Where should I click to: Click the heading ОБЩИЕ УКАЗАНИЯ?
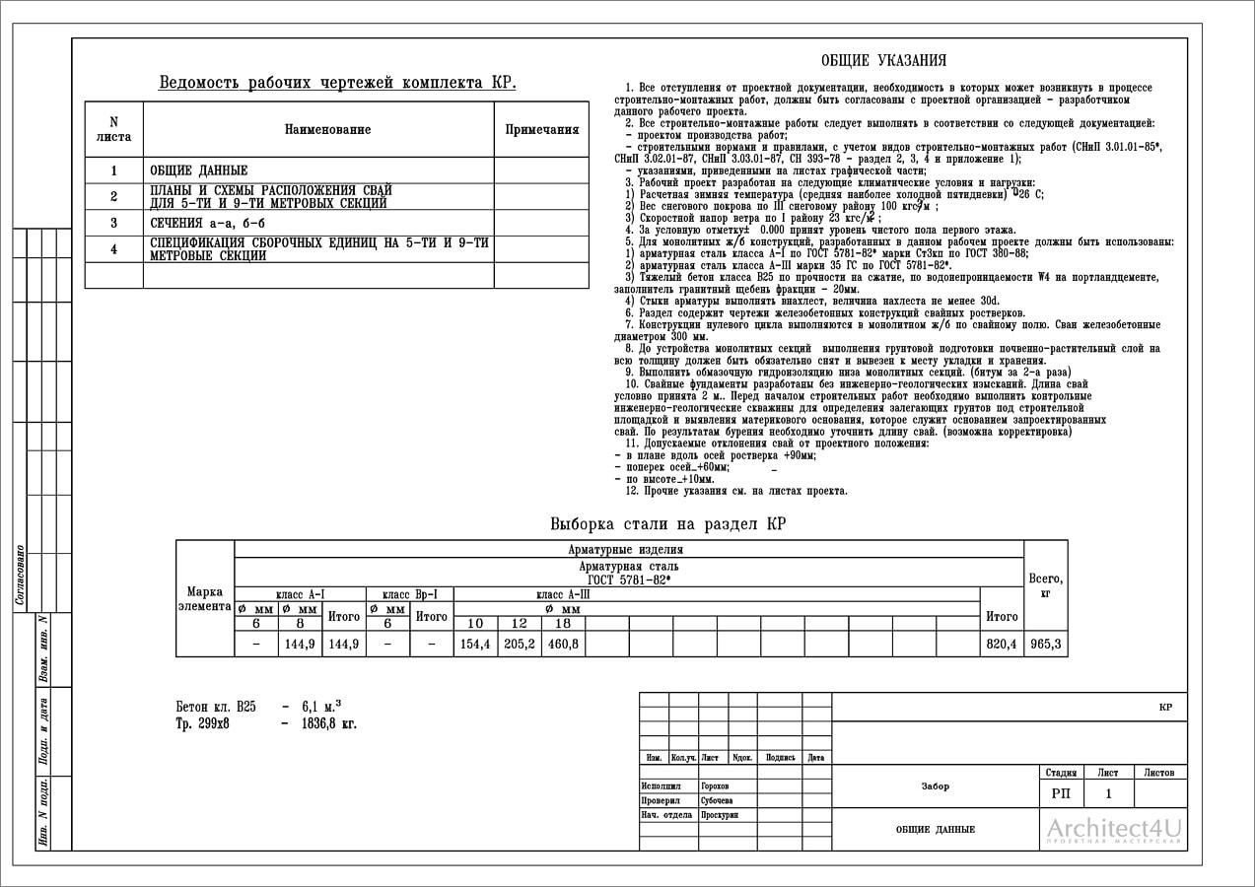click(x=883, y=61)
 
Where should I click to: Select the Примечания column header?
click(x=541, y=130)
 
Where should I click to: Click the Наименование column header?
click(x=327, y=130)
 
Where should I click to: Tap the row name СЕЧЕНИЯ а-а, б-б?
click(x=208, y=224)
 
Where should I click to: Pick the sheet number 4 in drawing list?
click(x=113, y=249)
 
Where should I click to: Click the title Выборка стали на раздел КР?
click(x=667, y=524)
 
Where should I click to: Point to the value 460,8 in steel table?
click(x=563, y=645)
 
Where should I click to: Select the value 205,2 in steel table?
click(x=519, y=645)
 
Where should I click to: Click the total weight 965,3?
click(x=1045, y=645)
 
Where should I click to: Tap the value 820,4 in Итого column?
click(x=1002, y=645)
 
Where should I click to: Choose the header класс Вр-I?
click(x=409, y=594)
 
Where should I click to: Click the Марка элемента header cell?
click(x=204, y=598)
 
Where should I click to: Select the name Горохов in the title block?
click(x=715, y=786)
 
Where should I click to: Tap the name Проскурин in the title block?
click(x=720, y=815)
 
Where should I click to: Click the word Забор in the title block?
click(x=936, y=786)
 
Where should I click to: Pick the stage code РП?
click(x=1061, y=793)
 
